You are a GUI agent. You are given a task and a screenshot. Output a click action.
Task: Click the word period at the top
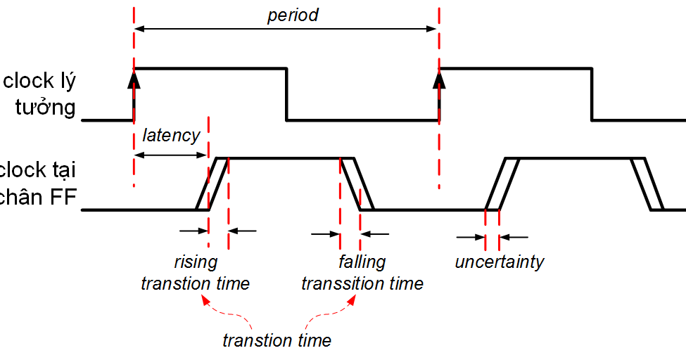click(293, 15)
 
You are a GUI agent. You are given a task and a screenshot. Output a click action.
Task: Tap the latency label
click(171, 135)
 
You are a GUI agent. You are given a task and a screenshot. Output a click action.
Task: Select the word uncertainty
click(500, 262)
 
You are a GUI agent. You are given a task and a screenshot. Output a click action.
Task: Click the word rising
click(196, 262)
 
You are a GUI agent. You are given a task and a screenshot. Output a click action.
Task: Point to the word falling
click(362, 262)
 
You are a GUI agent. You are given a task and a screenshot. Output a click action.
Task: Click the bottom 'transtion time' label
click(277, 341)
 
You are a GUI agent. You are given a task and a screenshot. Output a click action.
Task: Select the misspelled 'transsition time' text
click(362, 283)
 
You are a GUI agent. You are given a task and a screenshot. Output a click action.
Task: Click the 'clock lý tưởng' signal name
click(39, 94)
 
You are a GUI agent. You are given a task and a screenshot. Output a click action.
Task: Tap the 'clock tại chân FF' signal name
click(39, 184)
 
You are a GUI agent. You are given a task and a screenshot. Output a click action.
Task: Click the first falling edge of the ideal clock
click(286, 94)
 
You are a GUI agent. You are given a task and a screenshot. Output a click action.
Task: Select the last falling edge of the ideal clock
click(592, 94)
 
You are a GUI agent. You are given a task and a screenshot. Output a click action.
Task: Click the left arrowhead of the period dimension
click(139, 28)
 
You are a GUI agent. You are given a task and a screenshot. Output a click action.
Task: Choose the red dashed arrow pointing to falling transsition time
click(331, 312)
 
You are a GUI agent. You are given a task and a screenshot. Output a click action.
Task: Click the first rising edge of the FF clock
click(212, 184)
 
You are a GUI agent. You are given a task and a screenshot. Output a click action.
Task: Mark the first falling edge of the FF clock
click(357, 184)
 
